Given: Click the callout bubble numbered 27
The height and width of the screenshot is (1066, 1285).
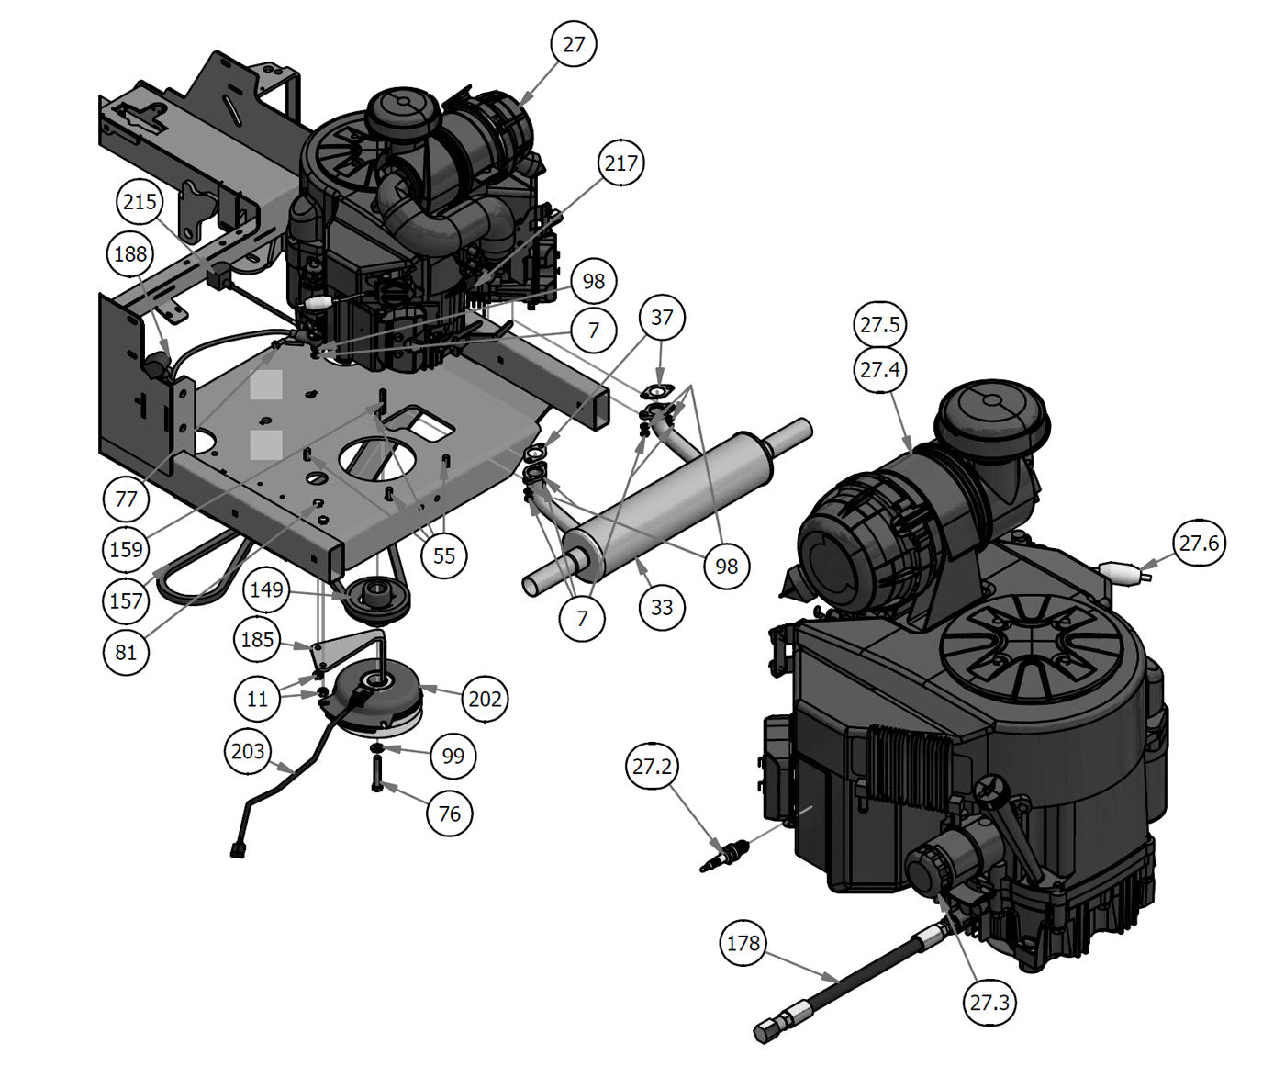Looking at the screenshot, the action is [x=573, y=44].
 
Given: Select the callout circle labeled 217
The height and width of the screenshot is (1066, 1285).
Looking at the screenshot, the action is [x=621, y=163].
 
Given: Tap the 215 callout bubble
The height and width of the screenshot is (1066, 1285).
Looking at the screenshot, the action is [x=140, y=201].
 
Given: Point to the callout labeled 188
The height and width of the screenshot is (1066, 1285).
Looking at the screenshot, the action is [x=130, y=253].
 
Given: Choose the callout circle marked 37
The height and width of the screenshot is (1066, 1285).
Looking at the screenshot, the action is [x=662, y=317].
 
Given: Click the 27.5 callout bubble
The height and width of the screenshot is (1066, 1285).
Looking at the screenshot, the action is [x=879, y=324].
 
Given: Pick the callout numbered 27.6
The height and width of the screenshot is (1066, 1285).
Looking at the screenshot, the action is [x=1199, y=543].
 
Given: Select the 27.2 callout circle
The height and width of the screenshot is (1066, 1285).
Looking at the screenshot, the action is [x=652, y=766].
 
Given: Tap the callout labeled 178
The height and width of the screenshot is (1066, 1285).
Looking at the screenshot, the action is [x=743, y=943].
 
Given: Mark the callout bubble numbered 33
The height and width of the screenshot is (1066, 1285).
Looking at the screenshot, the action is [x=662, y=607].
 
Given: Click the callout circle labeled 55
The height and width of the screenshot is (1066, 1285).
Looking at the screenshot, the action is [x=443, y=555].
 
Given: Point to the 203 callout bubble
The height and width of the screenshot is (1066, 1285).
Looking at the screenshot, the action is [x=248, y=751].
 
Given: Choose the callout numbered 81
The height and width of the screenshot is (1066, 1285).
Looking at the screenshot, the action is [x=126, y=652].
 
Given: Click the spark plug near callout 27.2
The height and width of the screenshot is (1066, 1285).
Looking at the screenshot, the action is [x=724, y=857].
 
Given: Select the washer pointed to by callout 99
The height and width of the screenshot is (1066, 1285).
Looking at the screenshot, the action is [x=376, y=747].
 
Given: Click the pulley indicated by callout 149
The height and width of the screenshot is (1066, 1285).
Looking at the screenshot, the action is [x=376, y=599].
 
